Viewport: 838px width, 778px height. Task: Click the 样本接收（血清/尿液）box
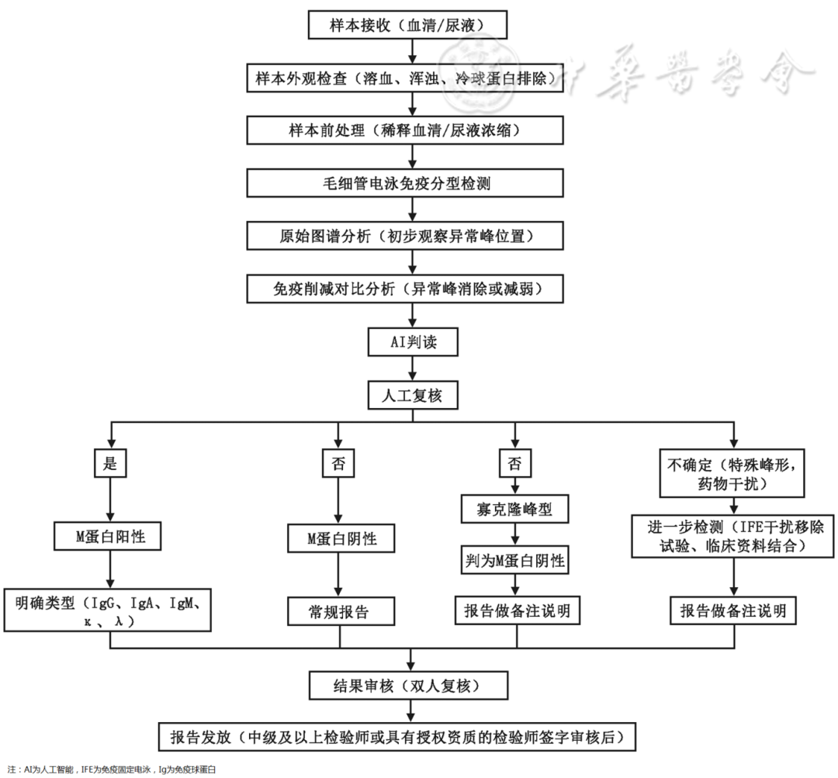[408, 25]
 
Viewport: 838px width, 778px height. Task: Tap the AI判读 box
[408, 342]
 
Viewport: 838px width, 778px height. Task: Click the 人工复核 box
[408, 395]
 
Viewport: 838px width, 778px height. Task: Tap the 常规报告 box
[338, 612]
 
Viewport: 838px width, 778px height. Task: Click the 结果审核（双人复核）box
[408, 686]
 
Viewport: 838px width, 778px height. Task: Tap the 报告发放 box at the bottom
[408, 736]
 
